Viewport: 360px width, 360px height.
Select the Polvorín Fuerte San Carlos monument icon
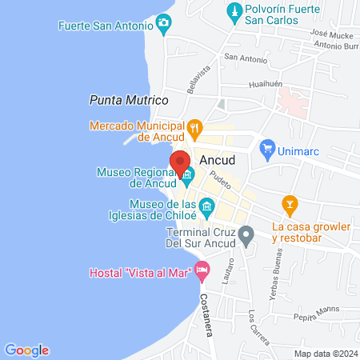[234, 11]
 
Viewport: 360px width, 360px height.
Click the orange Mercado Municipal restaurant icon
[194, 126]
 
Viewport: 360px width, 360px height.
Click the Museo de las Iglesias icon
[206, 209]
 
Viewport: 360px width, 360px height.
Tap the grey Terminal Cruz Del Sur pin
[246, 235]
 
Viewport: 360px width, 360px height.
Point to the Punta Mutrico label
[128, 101]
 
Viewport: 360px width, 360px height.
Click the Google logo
[27, 350]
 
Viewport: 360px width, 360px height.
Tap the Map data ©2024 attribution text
[325, 354]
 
